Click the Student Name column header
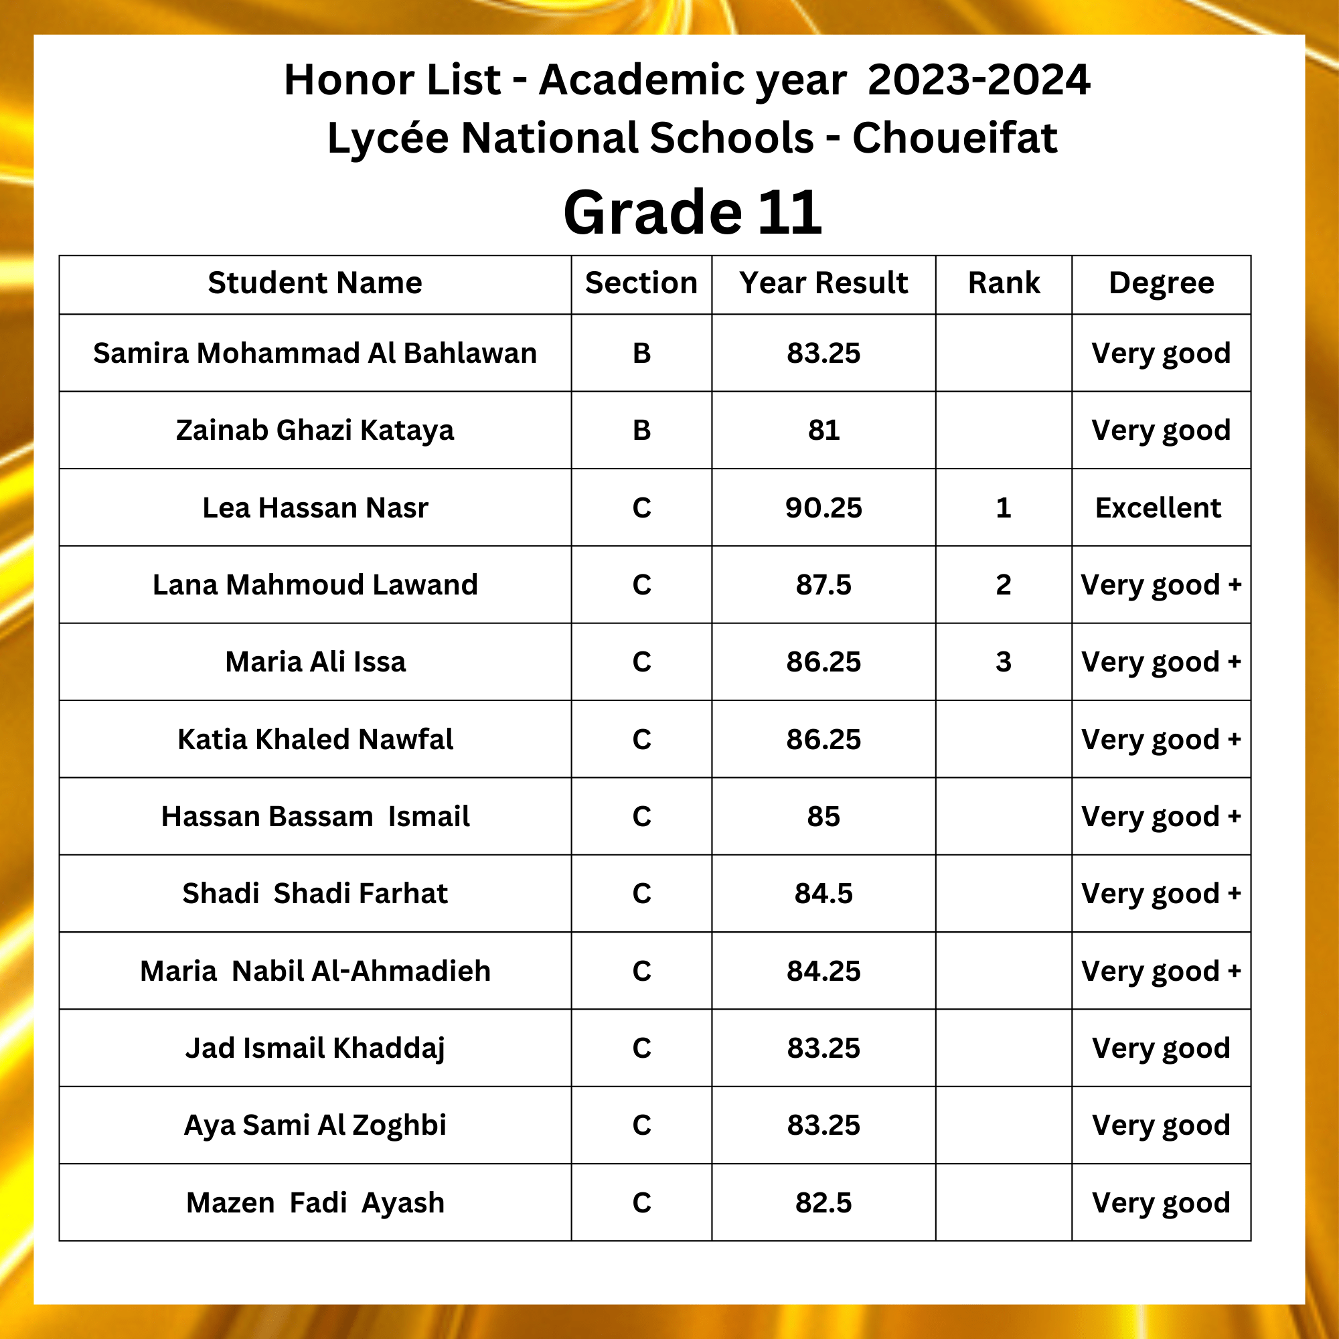coord(315,283)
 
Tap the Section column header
coord(641,283)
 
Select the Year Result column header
coord(823,283)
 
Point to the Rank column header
coord(1004,283)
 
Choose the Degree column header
coord(1162,283)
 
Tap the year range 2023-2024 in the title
coord(979,80)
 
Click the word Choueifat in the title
coord(954,137)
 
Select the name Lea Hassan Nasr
coord(315,507)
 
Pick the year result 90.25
coord(823,507)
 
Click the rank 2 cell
coord(1004,585)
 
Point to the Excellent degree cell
coord(1158,507)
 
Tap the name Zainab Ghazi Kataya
coord(315,430)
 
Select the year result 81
coord(823,430)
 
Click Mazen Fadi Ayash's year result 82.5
coord(823,1202)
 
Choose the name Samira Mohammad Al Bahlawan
coord(315,353)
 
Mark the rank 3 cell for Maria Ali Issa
coord(1004,662)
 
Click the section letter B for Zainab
coord(642,430)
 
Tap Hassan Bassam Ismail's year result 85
coord(823,816)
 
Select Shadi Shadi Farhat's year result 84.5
coord(823,893)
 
